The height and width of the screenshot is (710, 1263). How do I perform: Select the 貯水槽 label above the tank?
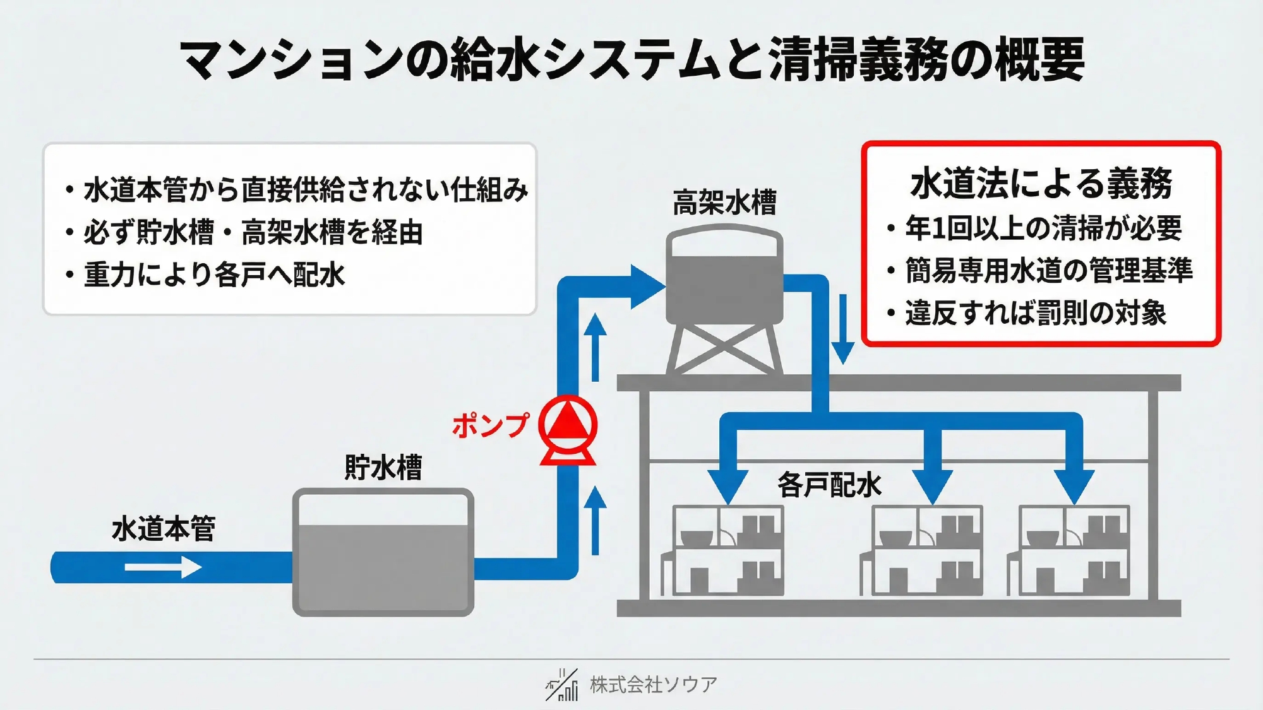(x=383, y=468)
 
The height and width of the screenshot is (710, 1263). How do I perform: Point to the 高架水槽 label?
(x=724, y=203)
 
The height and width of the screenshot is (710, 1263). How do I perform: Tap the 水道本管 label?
(x=164, y=528)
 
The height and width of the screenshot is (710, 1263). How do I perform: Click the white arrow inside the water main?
(x=163, y=567)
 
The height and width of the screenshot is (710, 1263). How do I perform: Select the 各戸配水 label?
(x=829, y=485)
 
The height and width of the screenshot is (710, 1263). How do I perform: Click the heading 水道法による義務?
(x=1041, y=184)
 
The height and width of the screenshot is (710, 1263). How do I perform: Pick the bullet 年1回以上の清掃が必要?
(x=1043, y=228)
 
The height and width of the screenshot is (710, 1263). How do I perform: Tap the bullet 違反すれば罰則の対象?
(x=1036, y=313)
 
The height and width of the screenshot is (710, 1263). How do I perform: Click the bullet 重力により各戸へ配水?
(x=214, y=275)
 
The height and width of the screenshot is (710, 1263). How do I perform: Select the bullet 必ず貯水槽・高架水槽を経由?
(x=253, y=232)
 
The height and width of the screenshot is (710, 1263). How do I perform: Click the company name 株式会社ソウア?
(x=654, y=684)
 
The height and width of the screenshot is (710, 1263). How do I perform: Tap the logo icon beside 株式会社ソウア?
(x=562, y=685)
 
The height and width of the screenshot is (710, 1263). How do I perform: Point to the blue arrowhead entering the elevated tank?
(x=647, y=287)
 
